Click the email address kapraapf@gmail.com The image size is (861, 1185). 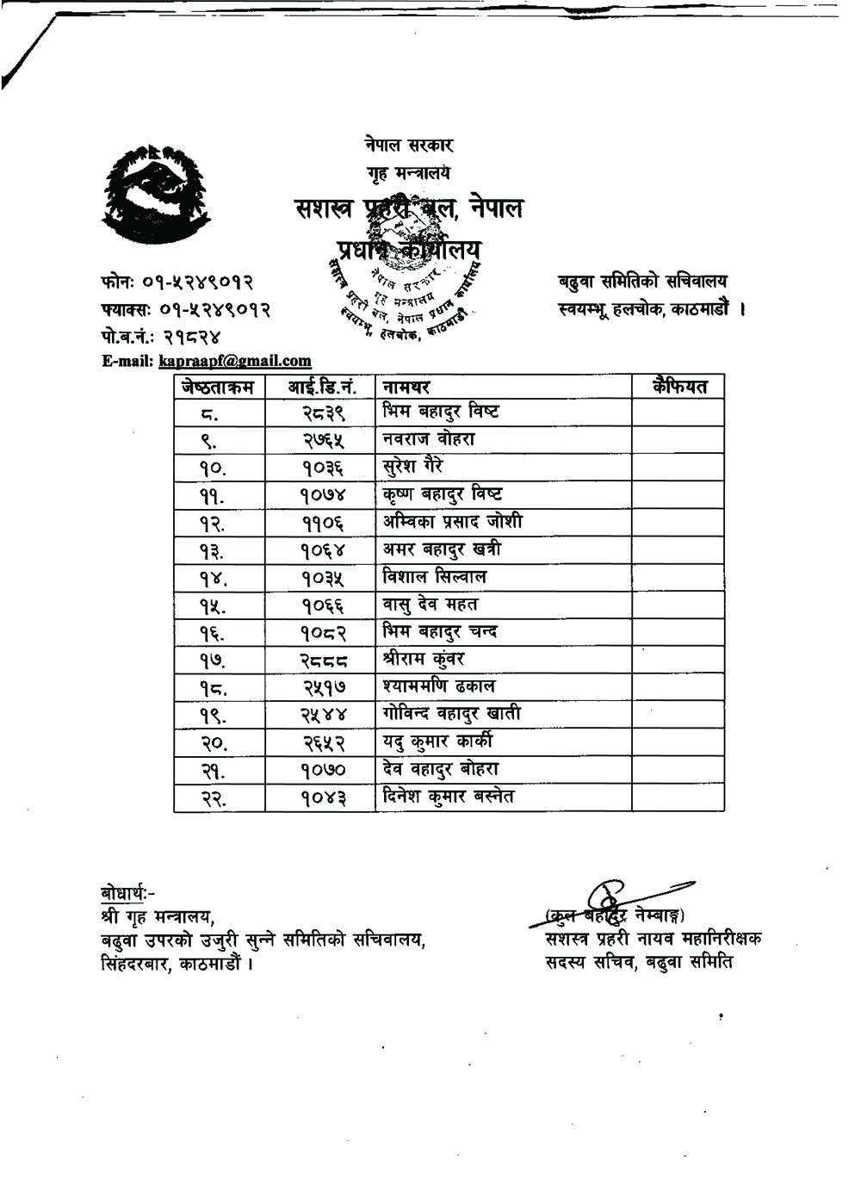click(x=235, y=362)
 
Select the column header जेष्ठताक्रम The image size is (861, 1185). click(x=219, y=388)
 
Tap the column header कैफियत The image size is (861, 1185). click(x=679, y=387)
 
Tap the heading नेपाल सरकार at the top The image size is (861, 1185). click(x=408, y=146)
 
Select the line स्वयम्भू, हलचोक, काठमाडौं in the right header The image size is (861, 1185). click(x=650, y=308)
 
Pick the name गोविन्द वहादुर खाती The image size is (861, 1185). click(x=452, y=715)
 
